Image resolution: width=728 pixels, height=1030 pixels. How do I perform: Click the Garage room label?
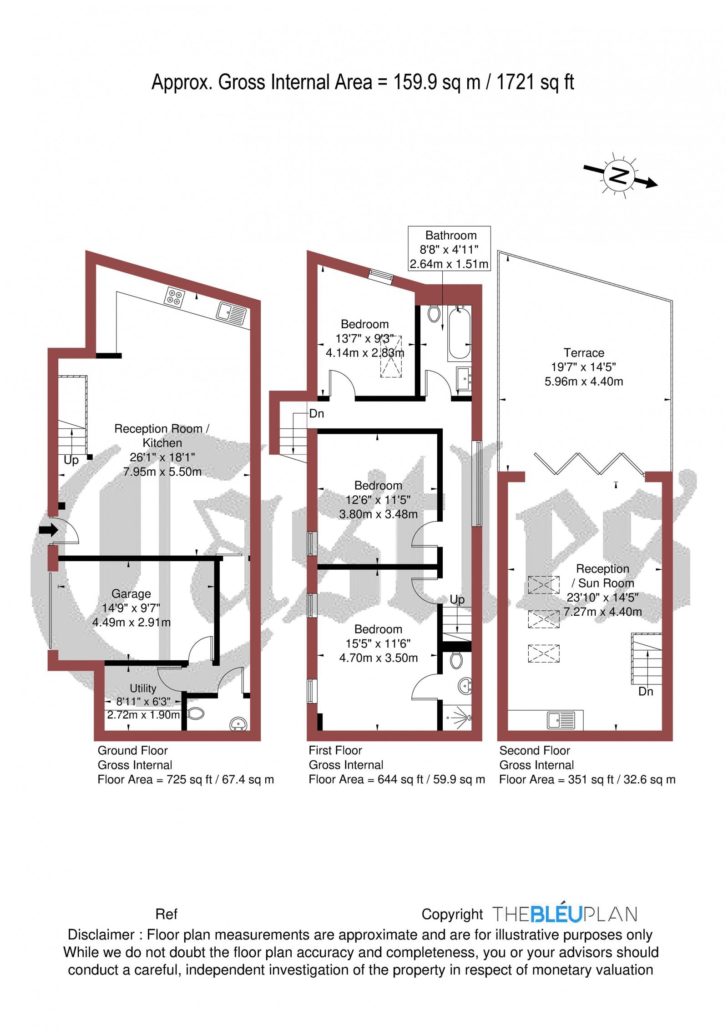point(131,594)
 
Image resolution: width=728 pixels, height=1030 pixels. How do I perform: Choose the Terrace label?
point(584,353)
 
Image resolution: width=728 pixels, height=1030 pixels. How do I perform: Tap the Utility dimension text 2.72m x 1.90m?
point(143,715)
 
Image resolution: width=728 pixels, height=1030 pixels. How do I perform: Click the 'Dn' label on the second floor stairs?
point(646,692)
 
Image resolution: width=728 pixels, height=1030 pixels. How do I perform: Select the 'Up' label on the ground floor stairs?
point(71,460)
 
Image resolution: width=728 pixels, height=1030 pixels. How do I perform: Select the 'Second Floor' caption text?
point(535,751)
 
